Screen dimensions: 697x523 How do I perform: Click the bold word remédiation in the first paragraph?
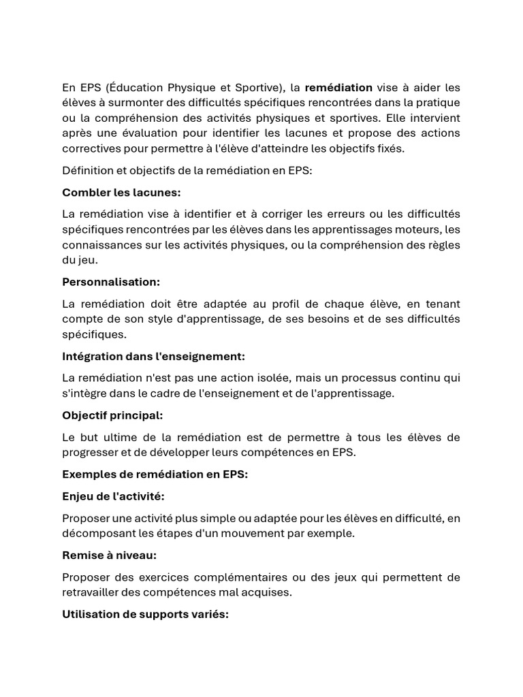point(338,87)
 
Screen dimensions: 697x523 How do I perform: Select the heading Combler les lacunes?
point(121,193)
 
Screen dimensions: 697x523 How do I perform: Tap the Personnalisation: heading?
point(111,282)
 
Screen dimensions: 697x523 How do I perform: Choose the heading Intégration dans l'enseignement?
point(153,356)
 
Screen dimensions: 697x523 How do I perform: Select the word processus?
point(373,378)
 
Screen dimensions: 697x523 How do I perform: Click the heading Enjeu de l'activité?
point(113,496)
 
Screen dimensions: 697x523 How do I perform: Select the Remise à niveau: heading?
point(109,555)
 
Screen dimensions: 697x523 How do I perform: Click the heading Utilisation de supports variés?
point(145,614)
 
